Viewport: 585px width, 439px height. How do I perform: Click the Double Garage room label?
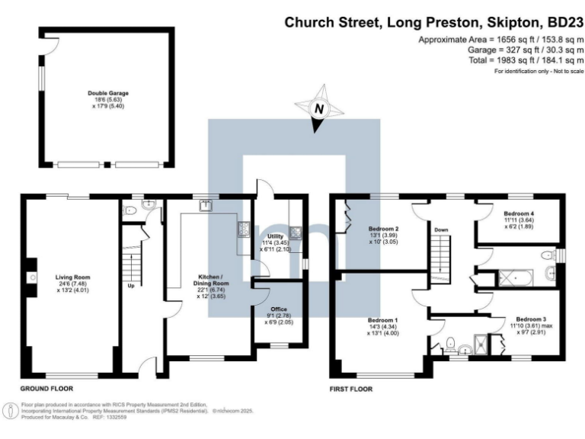pyautogui.click(x=107, y=93)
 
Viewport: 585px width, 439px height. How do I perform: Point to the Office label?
pyautogui.click(x=277, y=309)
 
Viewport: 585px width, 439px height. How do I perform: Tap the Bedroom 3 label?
pyautogui.click(x=530, y=319)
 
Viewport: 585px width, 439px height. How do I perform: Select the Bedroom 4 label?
pyautogui.click(x=519, y=214)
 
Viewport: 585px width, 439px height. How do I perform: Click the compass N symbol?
pyautogui.click(x=319, y=110)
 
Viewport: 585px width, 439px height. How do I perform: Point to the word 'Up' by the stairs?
pyautogui.click(x=131, y=287)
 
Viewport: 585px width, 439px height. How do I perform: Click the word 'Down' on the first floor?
pyautogui.click(x=441, y=229)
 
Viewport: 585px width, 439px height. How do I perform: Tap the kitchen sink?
pyautogui.click(x=206, y=204)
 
